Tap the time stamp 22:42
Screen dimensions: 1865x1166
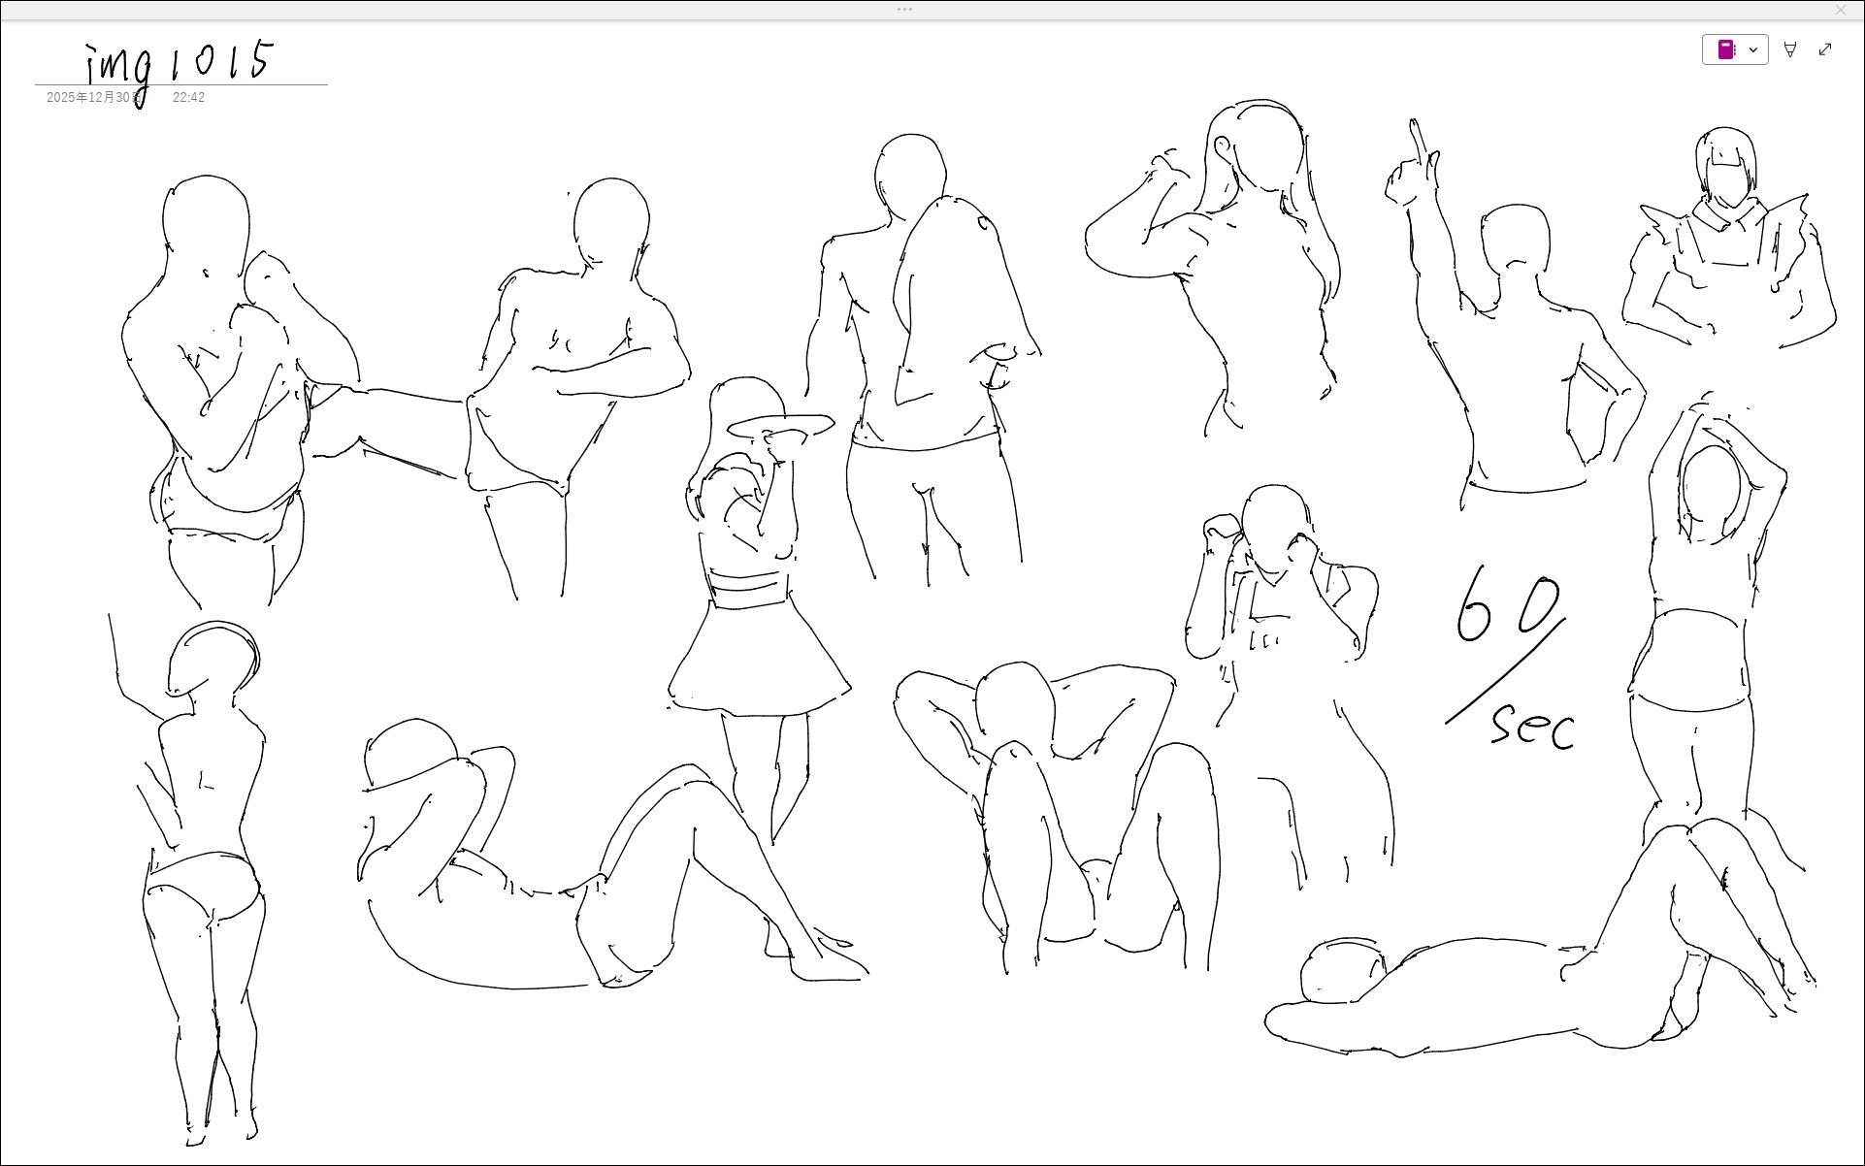188,98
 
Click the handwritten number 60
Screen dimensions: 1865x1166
1508,605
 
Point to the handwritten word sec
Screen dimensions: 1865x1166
1532,727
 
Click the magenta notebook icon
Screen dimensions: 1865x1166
1726,49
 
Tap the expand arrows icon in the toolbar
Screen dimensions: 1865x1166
1825,49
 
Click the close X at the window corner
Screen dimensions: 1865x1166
1840,10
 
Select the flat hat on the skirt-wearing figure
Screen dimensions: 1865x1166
780,426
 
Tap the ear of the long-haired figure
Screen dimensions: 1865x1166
1223,147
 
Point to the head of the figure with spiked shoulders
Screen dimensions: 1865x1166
1725,165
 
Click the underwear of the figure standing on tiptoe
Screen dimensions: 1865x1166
204,884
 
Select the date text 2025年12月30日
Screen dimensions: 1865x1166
94,98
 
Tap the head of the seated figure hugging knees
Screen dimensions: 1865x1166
1014,707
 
